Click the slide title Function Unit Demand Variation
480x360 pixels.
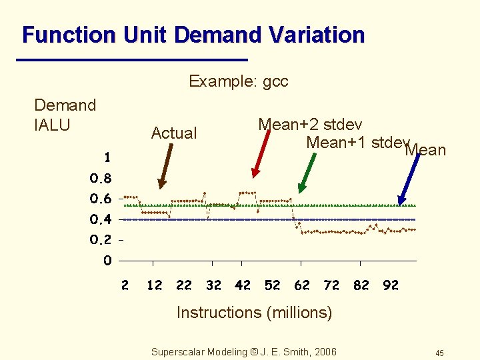click(193, 35)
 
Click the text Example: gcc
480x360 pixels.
click(238, 81)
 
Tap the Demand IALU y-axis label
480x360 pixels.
click(65, 114)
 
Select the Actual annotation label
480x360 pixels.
click(173, 133)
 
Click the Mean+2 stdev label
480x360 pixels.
click(310, 125)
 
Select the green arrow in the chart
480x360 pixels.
click(307, 173)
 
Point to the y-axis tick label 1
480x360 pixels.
click(107, 158)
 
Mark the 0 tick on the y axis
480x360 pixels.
click(107, 261)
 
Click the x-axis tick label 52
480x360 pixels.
click(272, 285)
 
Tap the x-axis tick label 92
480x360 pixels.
click(391, 285)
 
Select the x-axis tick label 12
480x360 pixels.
click(154, 285)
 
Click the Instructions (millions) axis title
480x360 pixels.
click(254, 312)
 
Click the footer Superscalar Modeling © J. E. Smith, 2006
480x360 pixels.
click(244, 352)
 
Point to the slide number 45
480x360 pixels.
click(439, 353)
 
